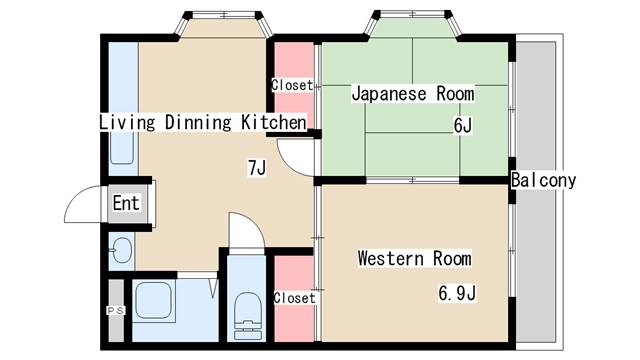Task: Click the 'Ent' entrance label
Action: [126, 204]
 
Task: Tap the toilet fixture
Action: [245, 311]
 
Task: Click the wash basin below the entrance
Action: [120, 250]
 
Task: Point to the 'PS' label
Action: [114, 311]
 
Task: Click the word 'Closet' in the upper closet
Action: [292, 85]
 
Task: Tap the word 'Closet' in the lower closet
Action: [294, 298]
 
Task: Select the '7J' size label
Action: [256, 168]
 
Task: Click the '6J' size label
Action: [462, 127]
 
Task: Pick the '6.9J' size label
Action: [456, 293]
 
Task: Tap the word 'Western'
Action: [392, 259]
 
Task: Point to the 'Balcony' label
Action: [543, 181]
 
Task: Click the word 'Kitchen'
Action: [272, 123]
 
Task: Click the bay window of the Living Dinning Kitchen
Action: [224, 22]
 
